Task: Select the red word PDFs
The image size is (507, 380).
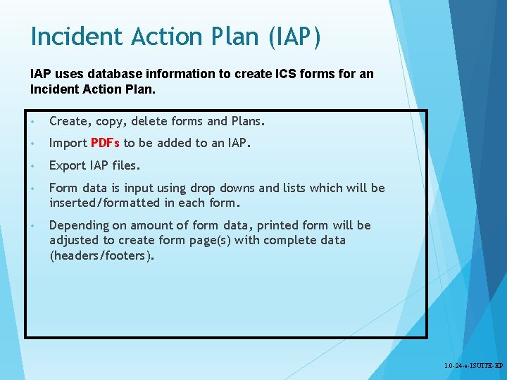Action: tap(106, 144)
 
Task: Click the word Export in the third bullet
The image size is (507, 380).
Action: tap(68, 166)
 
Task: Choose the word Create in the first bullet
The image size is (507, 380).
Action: tap(68, 121)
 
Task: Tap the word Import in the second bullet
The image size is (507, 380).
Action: tap(68, 144)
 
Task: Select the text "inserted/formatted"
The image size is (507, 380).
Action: tap(105, 203)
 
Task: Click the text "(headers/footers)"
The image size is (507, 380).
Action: tap(101, 255)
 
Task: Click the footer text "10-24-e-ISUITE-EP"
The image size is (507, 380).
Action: tap(473, 366)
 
